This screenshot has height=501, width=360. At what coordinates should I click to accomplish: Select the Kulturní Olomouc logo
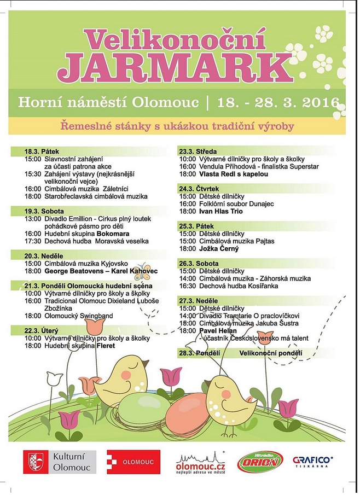click(x=60, y=462)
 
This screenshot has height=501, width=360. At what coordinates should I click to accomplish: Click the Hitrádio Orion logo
click(x=260, y=462)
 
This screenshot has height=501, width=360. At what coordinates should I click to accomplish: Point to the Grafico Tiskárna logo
click(x=313, y=462)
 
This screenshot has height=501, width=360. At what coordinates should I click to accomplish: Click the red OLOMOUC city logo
click(x=133, y=462)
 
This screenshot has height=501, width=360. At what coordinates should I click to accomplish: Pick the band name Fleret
click(x=106, y=346)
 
